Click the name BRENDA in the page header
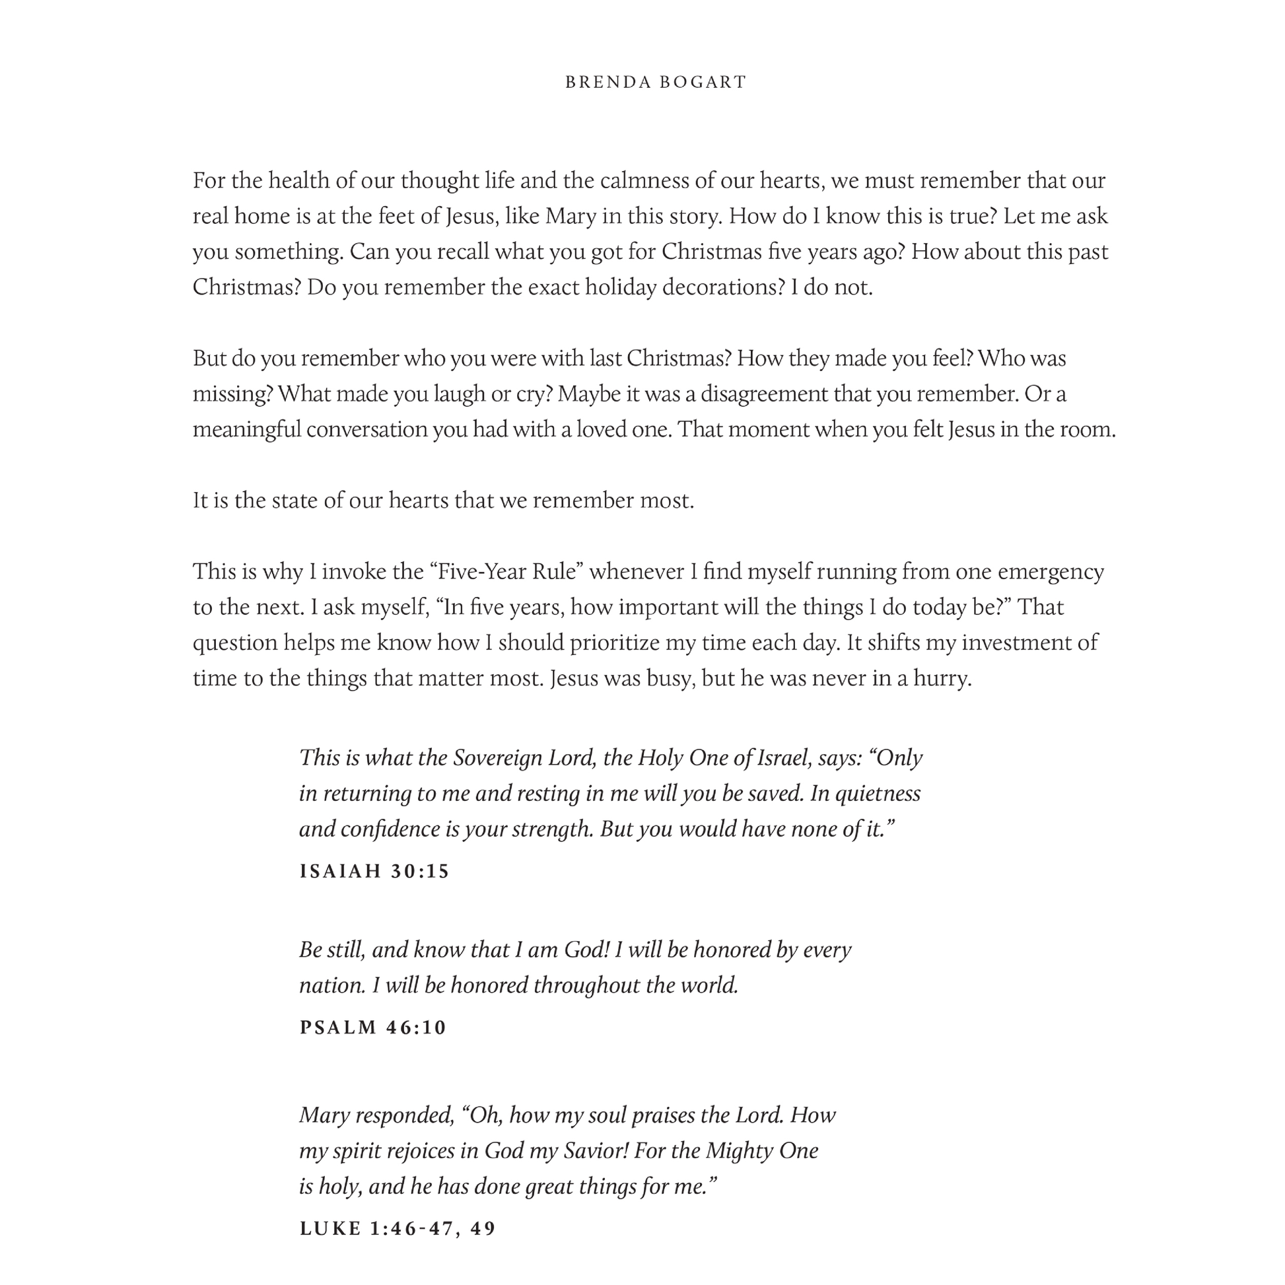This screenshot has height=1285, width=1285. click(x=608, y=82)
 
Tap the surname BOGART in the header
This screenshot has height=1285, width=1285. click(x=703, y=82)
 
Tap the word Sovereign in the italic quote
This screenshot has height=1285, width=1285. click(x=497, y=757)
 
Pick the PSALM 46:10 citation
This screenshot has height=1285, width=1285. click(x=373, y=1027)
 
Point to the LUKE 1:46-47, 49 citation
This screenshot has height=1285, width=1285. click(x=398, y=1228)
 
